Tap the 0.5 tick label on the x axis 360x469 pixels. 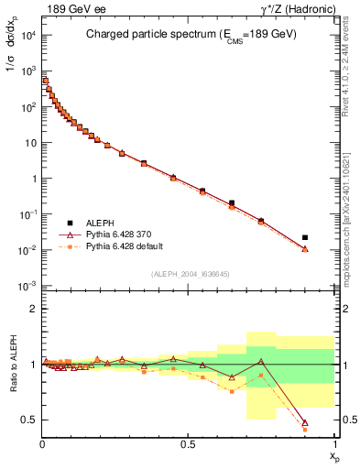[x=188, y=443]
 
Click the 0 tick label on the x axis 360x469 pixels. [x=42, y=443]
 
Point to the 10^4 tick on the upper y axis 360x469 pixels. [x=27, y=35]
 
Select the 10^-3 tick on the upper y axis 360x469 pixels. [x=27, y=286]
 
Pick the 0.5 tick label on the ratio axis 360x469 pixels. [x=29, y=420]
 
